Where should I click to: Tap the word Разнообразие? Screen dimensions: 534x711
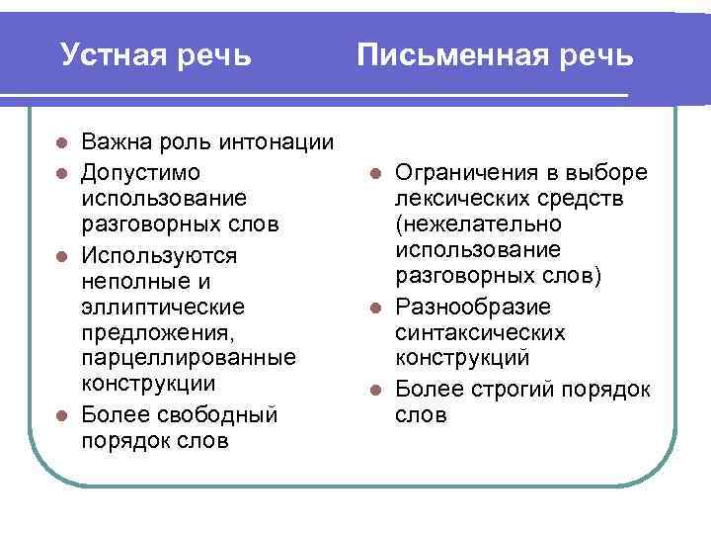point(473,308)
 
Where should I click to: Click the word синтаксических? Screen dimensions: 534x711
point(480,333)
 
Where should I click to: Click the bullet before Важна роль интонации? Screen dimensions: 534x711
point(61,144)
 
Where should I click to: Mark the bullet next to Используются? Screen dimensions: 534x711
point(61,256)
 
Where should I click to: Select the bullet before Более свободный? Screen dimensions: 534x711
point(61,413)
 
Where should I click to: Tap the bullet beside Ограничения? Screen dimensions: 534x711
point(375,173)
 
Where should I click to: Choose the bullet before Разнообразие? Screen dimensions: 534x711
point(375,308)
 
